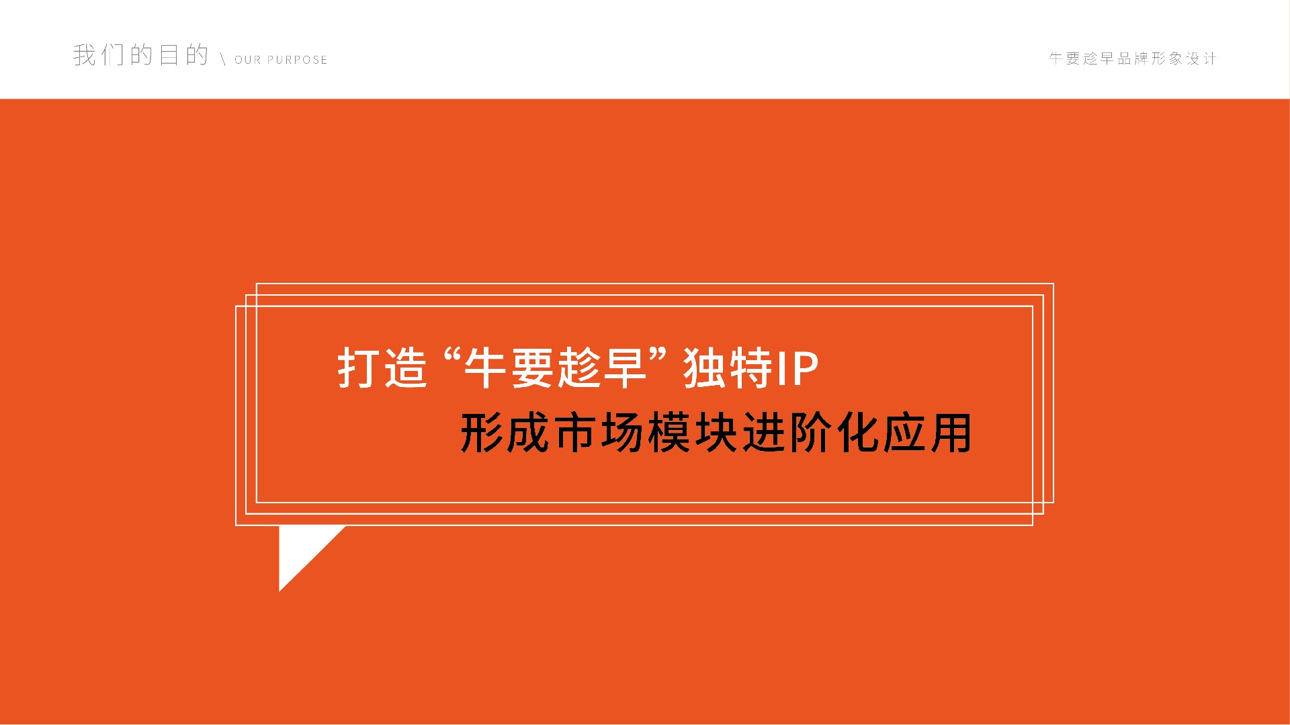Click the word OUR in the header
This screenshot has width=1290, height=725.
tap(247, 60)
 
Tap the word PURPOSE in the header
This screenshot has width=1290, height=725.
tap(298, 60)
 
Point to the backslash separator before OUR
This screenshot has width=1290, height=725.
tap(222, 59)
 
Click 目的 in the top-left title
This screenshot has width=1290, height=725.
tap(183, 54)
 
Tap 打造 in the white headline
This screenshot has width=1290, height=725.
tap(382, 368)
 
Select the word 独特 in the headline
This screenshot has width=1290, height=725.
tap(728, 368)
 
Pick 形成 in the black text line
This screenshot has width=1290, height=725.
tap(505, 433)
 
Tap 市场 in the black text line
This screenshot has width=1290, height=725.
tap(599, 433)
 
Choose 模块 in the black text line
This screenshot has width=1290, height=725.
tap(693, 433)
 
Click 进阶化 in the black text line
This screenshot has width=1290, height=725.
tap(810, 433)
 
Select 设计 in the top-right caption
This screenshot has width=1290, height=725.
tap(1201, 58)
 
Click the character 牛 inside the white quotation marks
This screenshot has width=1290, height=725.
tap(485, 368)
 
